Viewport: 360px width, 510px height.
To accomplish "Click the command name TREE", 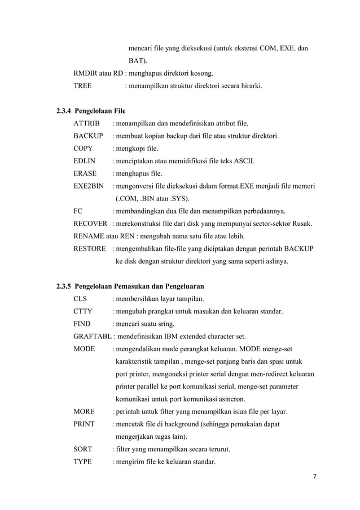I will [x=83, y=86].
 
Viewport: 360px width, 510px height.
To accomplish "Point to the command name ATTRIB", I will [x=86, y=123].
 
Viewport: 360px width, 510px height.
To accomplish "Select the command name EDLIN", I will [x=85, y=161].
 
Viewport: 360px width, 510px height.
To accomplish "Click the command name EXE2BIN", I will [x=89, y=186].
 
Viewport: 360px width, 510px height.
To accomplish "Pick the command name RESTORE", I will [x=90, y=249].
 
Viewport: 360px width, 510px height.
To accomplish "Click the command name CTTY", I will [x=84, y=311].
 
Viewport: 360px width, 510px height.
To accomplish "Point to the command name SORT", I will [x=83, y=450].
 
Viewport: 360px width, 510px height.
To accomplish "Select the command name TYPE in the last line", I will [x=83, y=462].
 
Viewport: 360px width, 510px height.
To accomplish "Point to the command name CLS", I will [x=81, y=298].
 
